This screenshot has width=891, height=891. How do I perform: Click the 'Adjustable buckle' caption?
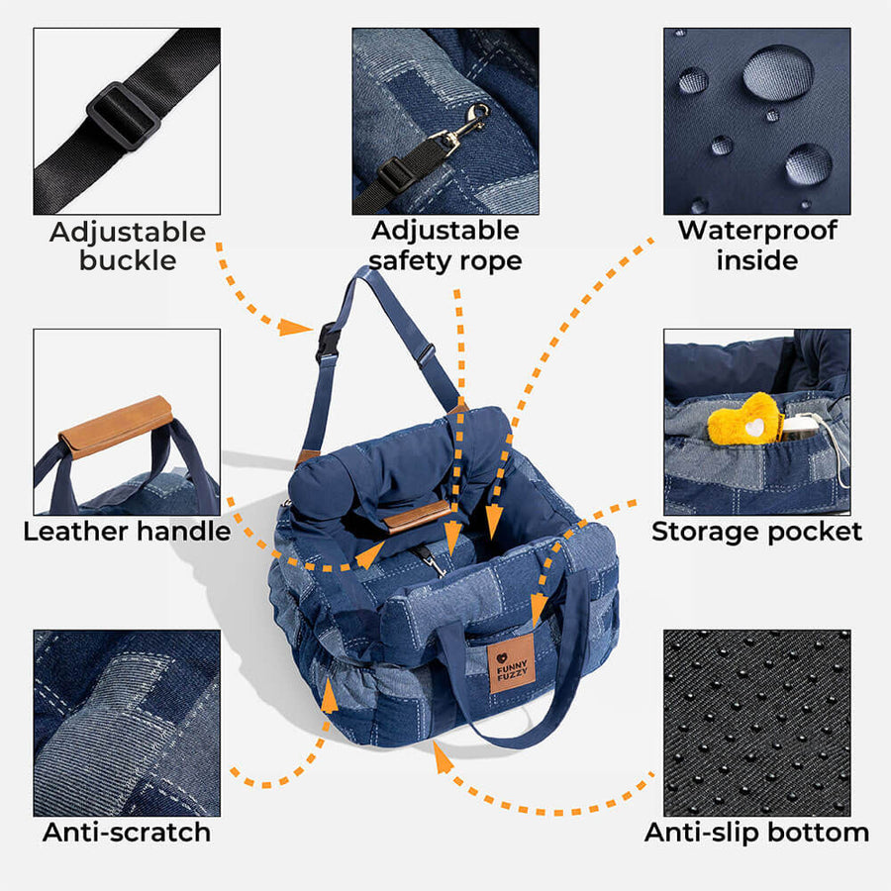coord(128,247)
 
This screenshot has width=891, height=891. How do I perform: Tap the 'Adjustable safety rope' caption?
coord(445,246)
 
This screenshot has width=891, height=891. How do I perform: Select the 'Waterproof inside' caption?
coord(756,246)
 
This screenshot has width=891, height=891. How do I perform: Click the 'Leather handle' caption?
coord(127,532)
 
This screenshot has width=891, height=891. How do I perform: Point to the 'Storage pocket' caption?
coord(756,532)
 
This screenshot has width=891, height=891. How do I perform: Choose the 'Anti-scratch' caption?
coord(127,832)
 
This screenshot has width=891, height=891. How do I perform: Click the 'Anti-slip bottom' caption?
coord(756,832)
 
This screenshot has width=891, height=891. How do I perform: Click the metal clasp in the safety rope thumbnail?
coord(465,128)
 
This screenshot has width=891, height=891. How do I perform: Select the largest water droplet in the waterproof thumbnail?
coord(778,72)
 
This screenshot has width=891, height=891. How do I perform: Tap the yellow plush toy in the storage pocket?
coord(744,420)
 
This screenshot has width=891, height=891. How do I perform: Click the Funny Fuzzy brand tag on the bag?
coord(509,669)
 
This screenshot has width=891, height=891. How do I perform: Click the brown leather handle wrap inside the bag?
coord(418,515)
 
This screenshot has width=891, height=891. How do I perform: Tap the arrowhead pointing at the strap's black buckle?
coord(297,326)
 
